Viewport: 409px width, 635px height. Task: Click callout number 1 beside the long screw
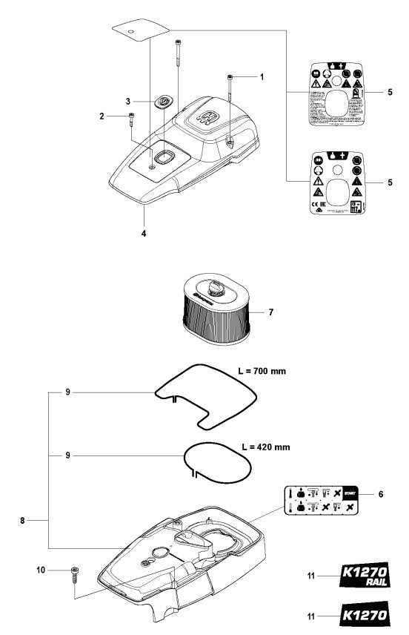click(261, 77)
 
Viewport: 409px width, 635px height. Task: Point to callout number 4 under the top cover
click(144, 234)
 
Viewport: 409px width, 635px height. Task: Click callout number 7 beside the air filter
click(271, 313)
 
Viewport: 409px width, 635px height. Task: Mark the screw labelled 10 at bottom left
click(73, 573)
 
